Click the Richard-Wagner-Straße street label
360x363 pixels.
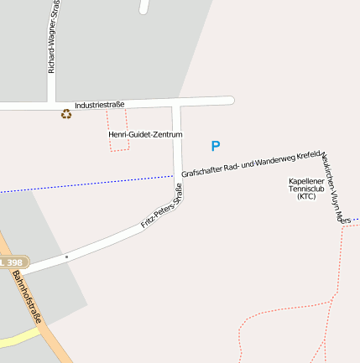click(x=52, y=37)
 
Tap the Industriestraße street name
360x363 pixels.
click(x=99, y=105)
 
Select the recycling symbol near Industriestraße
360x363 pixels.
click(x=66, y=114)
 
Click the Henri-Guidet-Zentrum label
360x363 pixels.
click(x=145, y=134)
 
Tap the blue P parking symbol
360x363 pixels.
click(x=216, y=146)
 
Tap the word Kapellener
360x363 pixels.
click(x=305, y=180)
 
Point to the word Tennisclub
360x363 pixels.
click(x=305, y=189)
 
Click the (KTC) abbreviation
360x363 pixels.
click(x=305, y=197)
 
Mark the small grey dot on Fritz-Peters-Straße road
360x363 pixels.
click(x=65, y=257)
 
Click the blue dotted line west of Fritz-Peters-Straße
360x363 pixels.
click(x=84, y=184)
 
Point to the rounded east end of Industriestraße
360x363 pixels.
click(x=229, y=101)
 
